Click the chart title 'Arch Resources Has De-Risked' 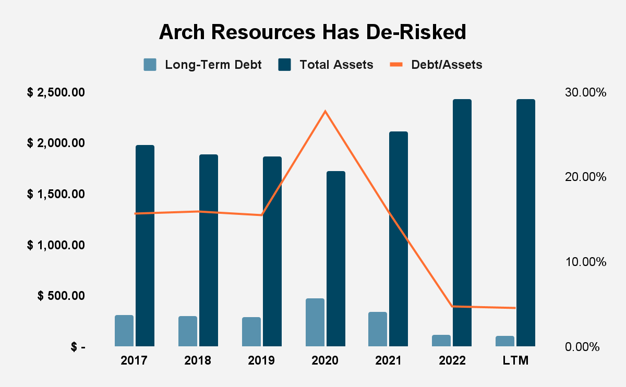tap(312, 32)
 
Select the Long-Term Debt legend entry tap(202, 65)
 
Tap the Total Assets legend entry tap(326, 65)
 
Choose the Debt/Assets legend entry tap(436, 65)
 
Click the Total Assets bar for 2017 tap(145, 246)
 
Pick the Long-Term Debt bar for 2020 tap(315, 322)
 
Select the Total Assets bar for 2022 tap(462, 223)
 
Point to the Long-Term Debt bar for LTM tap(505, 341)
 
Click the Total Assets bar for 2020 tap(336, 259)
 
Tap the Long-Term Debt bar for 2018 tap(188, 331)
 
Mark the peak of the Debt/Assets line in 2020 tap(326, 111)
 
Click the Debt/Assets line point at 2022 tap(452, 306)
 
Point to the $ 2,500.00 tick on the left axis tap(56, 93)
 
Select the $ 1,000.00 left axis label tap(56, 245)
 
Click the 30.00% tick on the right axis tap(585, 93)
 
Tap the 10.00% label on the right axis tap(585, 262)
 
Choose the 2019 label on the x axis tap(261, 361)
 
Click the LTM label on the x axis tap(516, 361)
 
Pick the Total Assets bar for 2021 tap(399, 239)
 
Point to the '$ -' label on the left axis tap(78, 347)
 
